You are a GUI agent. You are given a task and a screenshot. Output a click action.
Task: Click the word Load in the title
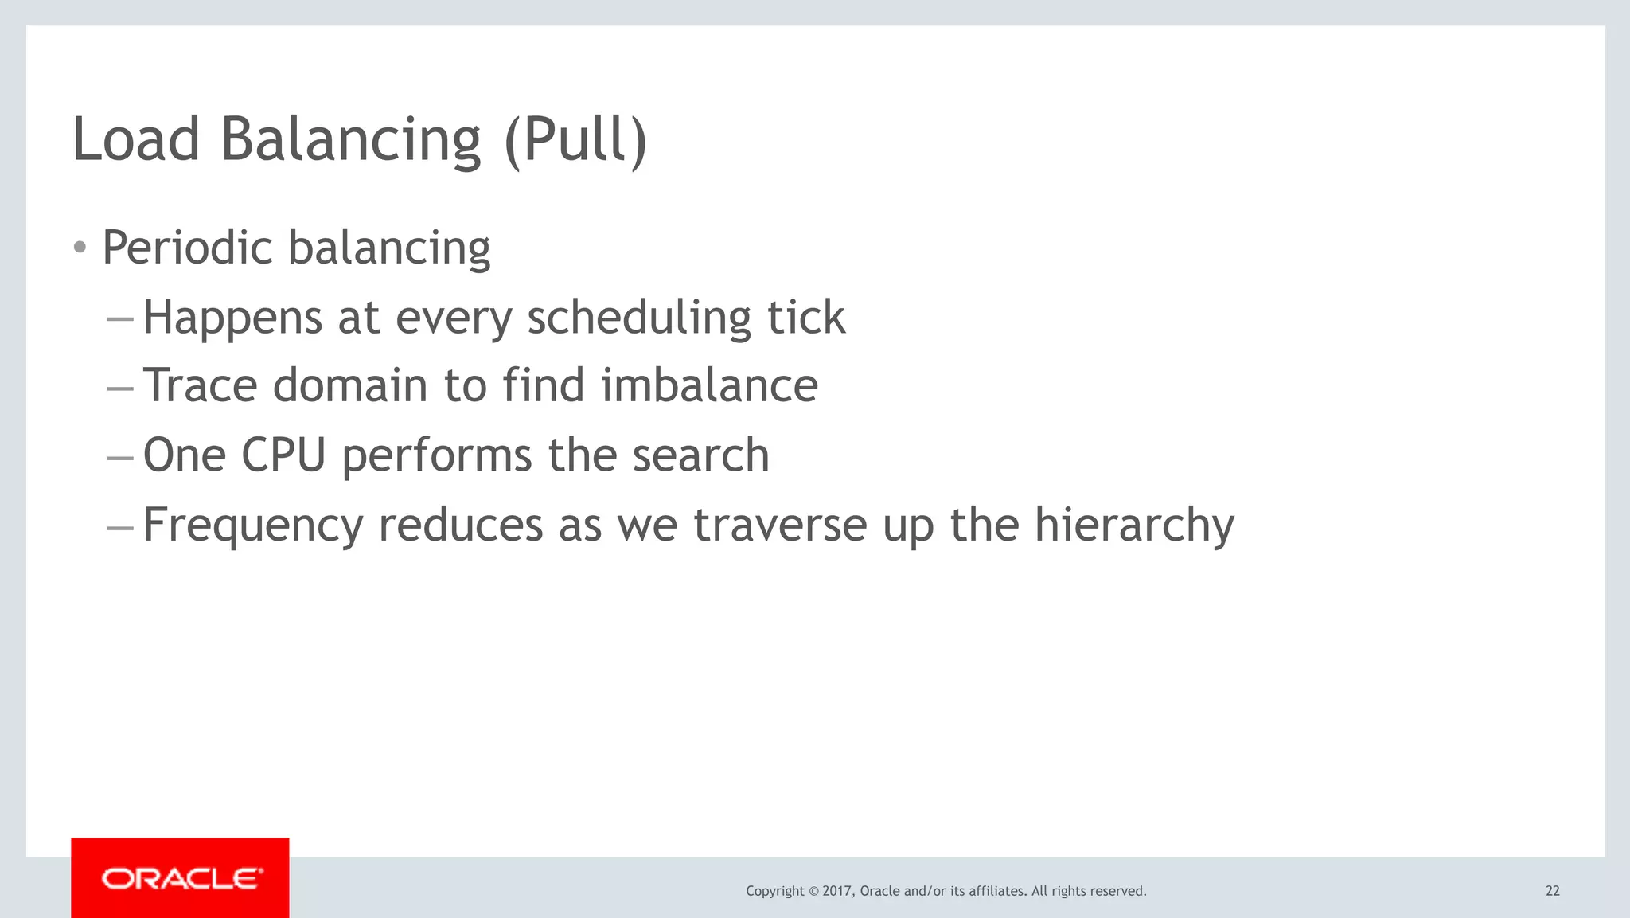pos(135,140)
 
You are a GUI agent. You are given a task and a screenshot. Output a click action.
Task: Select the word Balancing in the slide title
pos(350,140)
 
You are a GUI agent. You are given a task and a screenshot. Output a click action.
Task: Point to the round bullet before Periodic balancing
pos(80,248)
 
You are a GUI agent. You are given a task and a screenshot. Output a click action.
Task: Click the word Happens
pos(232,318)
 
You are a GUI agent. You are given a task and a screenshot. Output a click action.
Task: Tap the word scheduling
pos(639,318)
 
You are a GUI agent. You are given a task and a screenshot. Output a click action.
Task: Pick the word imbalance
pos(709,386)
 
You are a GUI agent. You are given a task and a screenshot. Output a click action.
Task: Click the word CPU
pos(283,455)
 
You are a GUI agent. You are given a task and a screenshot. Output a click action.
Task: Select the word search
pos(700,455)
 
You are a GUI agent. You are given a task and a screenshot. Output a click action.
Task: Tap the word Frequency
pos(253,525)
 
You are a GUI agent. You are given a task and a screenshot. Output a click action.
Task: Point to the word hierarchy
pos(1134,525)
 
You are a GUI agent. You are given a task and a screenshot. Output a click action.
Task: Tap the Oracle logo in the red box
pos(181,879)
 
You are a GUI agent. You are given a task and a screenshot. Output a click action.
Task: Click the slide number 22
pos(1552,891)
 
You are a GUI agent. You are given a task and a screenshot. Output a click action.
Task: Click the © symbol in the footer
pos(813,891)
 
